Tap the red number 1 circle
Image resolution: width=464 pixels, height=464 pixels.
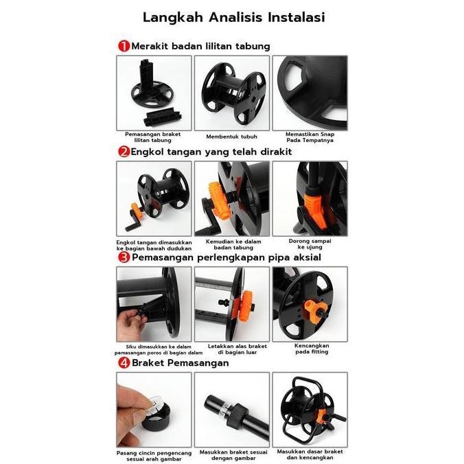pos(124,46)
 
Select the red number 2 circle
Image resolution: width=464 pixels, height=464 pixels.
pos(124,152)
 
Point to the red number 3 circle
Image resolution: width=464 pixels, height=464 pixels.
pos(124,257)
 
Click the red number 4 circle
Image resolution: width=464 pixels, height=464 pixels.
pos(124,362)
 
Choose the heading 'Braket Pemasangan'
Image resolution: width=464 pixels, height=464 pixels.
pos(181,362)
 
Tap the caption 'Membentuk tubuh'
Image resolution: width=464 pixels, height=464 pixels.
pos(231,136)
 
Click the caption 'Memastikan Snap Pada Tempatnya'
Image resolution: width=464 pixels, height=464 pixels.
pos(310,137)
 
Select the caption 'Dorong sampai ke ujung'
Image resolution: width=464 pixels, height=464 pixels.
pos(310,243)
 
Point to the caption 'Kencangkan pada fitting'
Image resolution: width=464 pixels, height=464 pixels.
pos(310,349)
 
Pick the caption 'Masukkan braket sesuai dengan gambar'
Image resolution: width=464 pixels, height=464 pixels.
pos(231,454)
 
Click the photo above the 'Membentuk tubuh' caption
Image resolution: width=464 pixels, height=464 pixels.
pos(231,93)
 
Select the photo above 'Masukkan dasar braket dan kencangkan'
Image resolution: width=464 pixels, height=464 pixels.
pos(310,408)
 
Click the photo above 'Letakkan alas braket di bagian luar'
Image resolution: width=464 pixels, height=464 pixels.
pos(231,304)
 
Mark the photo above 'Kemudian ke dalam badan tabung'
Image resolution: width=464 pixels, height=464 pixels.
pos(231,198)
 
